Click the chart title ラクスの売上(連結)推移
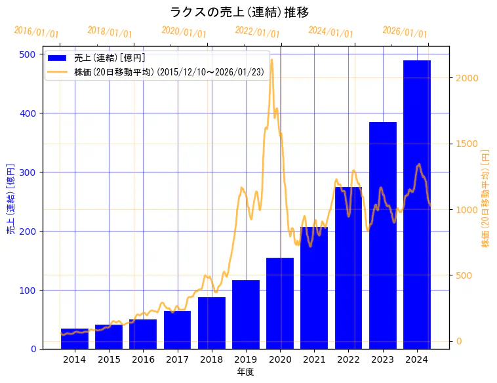239,12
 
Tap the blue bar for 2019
246,314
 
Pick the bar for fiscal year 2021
314,288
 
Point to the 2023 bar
383,235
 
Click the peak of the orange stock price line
271,60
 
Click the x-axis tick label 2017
177,359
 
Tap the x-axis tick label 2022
348,359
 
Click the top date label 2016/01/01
36,33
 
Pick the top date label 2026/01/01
405,33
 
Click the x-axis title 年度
246,372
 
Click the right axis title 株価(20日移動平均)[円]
486,197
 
